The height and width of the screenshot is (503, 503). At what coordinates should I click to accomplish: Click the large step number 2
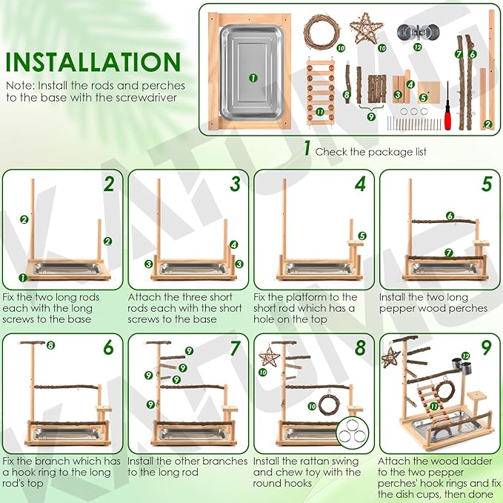point(109,183)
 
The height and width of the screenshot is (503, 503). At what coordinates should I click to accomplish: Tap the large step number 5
point(486,183)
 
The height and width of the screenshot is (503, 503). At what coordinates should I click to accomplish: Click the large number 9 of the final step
point(486,348)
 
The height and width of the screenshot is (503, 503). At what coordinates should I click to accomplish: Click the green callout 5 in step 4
point(362,236)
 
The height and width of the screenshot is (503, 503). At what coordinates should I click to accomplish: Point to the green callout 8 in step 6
point(50,344)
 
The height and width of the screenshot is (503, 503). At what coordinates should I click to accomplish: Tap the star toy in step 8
point(269,357)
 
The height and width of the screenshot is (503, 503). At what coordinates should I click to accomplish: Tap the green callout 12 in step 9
point(466,356)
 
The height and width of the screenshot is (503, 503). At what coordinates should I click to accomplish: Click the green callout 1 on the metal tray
point(252,77)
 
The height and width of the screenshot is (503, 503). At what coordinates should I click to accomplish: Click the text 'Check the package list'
point(362,151)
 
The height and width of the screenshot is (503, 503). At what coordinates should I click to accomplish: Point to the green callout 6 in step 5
point(449,216)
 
